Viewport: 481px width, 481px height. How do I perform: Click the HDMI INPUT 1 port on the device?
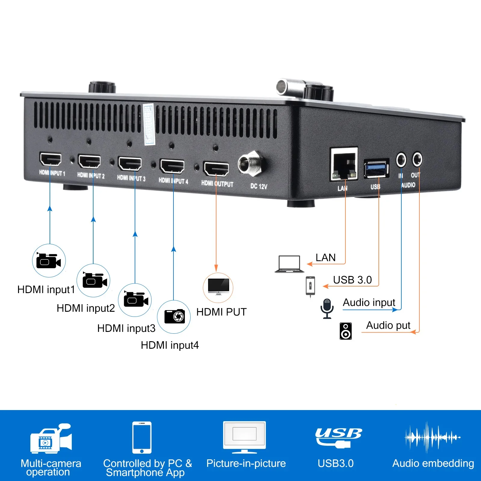point(51,159)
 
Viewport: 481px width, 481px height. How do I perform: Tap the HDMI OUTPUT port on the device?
point(216,169)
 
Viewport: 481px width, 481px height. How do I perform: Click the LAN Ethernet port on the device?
point(344,164)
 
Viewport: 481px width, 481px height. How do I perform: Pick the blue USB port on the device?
point(376,168)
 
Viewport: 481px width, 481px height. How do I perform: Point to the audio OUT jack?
point(417,159)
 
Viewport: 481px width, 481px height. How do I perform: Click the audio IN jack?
point(401,160)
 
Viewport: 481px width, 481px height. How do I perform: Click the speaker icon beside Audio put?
point(346,331)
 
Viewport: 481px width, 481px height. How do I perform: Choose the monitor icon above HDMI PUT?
point(219,287)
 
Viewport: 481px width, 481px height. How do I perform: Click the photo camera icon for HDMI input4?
point(174,316)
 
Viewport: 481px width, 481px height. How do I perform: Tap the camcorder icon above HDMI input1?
point(48,260)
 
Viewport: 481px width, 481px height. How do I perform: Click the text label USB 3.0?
point(352,280)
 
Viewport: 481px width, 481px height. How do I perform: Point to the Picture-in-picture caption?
point(246,464)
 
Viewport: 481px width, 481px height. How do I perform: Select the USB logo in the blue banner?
point(338,438)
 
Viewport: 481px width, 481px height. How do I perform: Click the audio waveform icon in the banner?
point(433,437)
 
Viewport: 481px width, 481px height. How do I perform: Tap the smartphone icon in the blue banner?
point(142,437)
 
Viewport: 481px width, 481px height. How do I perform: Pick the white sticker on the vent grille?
point(149,124)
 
